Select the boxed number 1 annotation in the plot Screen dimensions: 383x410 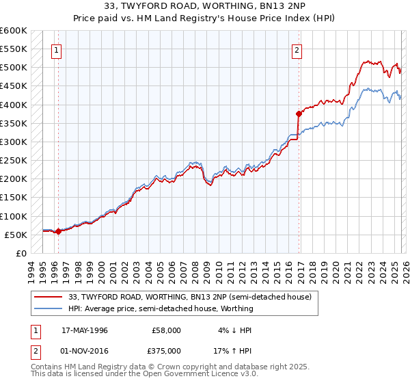[56, 49]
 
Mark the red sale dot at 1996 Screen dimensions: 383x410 [59, 231]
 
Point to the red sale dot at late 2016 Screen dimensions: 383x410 [299, 114]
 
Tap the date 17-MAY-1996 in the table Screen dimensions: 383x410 [85, 330]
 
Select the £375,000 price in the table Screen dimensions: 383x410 [167, 351]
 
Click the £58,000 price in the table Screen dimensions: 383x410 [167, 330]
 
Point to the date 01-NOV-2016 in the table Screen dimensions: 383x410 [85, 351]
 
